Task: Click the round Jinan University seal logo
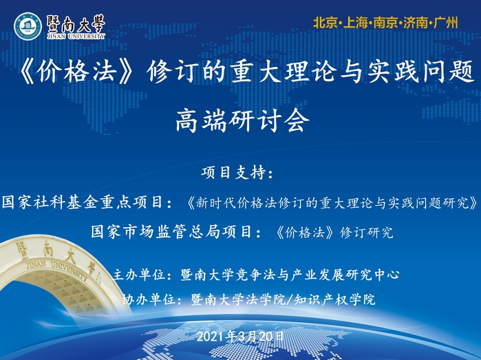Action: [28, 26]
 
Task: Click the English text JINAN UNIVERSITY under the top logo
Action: [76, 36]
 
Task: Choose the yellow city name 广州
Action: [446, 23]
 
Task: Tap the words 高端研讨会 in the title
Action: [242, 120]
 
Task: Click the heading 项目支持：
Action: [237, 173]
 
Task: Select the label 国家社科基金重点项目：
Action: [87, 202]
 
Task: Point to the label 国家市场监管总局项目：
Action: [176, 232]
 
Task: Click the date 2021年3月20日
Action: [240, 337]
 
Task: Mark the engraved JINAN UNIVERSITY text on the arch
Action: [57, 269]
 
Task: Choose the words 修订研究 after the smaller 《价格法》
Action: [367, 233]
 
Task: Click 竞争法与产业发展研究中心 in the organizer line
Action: [317, 275]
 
